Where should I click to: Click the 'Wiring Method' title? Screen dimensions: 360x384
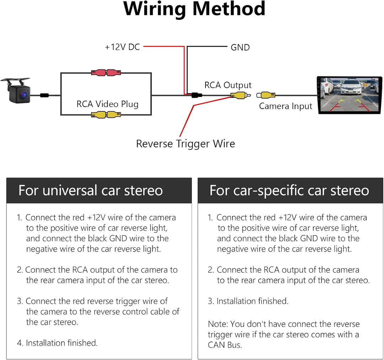point(194,9)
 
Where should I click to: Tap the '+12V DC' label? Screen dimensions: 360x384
point(122,47)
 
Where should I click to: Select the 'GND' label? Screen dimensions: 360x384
point(240,47)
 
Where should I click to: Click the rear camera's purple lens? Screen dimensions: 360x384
point(24,95)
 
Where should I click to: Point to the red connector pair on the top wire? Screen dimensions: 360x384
point(106,73)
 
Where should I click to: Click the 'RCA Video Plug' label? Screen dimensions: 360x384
point(107,104)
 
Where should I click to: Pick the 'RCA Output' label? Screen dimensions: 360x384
point(228,85)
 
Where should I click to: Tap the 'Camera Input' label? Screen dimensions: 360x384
point(286,106)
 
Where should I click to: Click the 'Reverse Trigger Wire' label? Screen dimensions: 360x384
point(185,144)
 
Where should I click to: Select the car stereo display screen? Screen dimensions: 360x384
point(349,95)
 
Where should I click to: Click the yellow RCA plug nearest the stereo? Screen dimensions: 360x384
point(268,95)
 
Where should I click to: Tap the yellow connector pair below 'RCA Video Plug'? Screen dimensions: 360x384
point(106,115)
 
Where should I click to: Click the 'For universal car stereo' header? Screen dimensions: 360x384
point(91,190)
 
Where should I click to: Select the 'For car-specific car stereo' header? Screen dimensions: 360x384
point(289,190)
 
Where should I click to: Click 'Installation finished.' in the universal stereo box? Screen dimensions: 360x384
point(62,343)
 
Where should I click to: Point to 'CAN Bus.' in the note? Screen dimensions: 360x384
point(225,345)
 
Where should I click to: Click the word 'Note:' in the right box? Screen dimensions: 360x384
point(218,324)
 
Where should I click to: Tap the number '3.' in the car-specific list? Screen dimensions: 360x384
point(211,301)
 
